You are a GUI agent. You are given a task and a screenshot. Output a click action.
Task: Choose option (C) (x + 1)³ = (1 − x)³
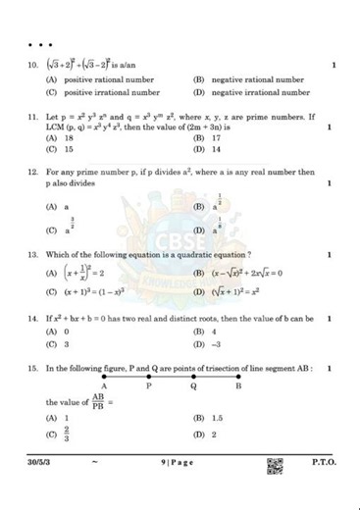coord(92,292)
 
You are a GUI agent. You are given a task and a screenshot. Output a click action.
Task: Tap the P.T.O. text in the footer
coord(324,462)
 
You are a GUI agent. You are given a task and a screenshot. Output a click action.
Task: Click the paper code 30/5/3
coord(43,462)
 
